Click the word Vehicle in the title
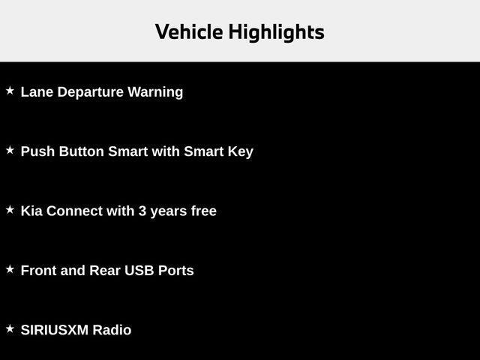(189, 32)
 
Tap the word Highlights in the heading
(276, 33)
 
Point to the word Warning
(155, 92)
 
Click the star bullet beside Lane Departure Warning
(10, 91)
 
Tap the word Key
(240, 151)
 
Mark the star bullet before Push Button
(10, 150)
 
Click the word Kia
(31, 211)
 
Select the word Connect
(74, 211)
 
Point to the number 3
(142, 211)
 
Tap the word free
(203, 211)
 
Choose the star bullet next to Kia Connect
(10, 210)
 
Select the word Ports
(175, 271)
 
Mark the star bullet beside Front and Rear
(10, 268)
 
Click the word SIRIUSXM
(55, 330)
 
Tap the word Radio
(112, 330)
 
